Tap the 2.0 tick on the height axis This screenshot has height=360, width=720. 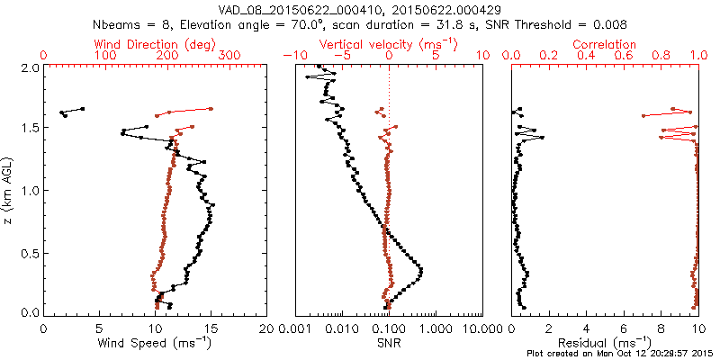pos(29,67)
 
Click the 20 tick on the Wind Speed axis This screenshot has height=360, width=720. pos(266,329)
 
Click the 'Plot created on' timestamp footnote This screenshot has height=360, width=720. pos(621,354)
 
